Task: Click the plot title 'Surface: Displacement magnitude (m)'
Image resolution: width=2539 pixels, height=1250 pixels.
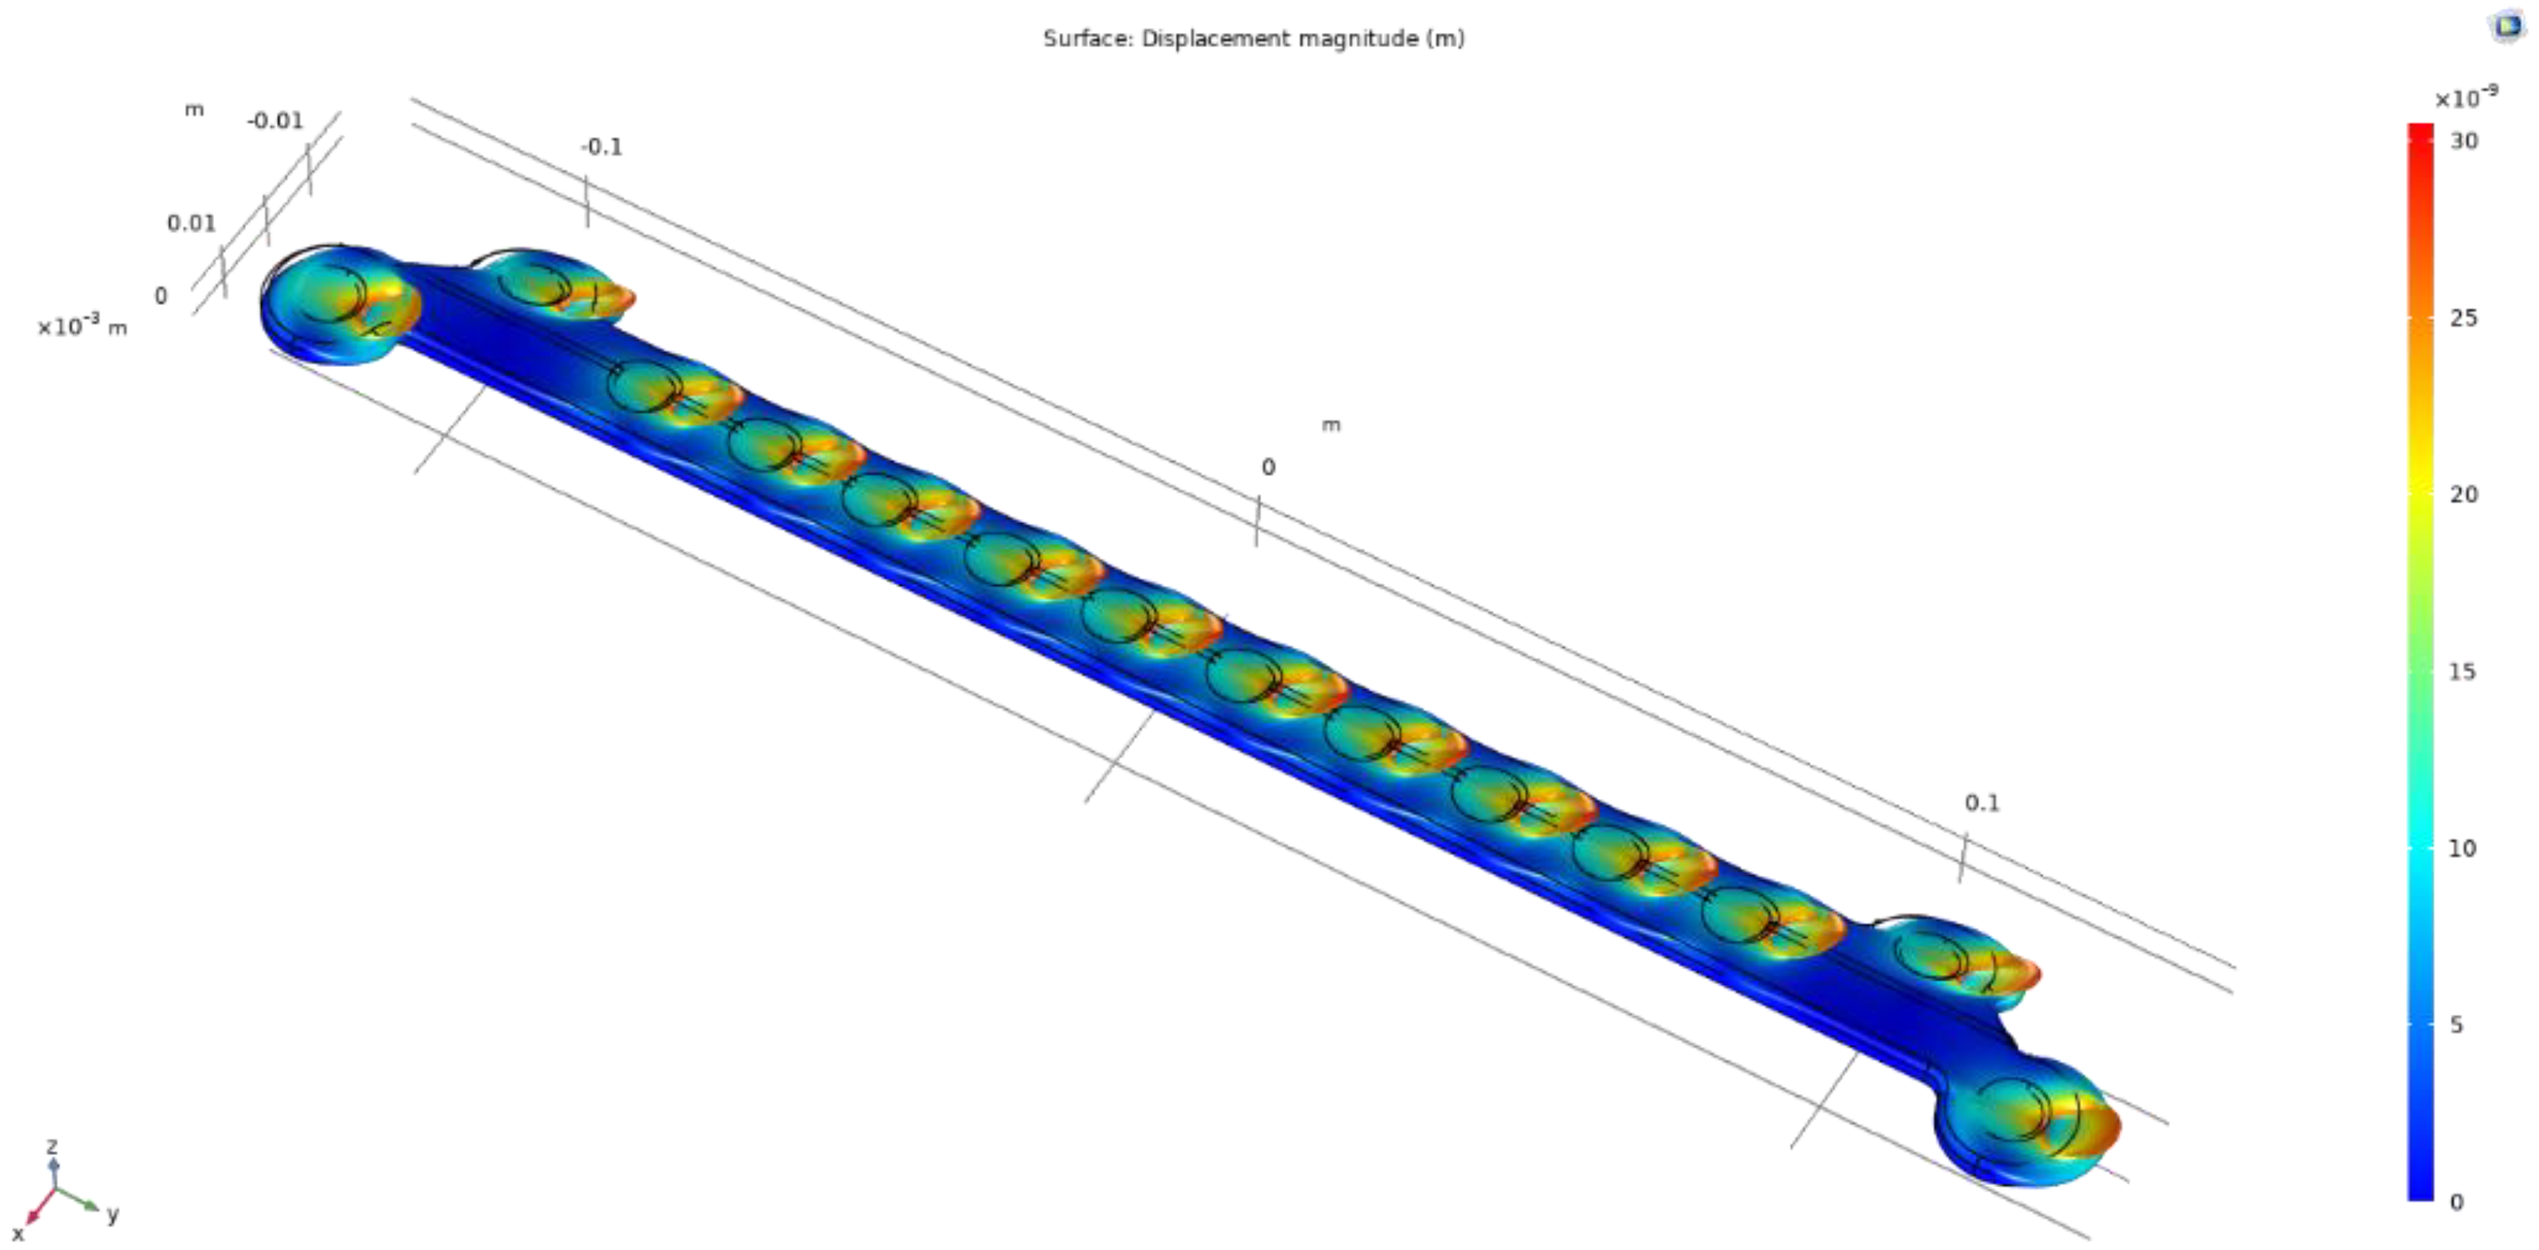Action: (1253, 38)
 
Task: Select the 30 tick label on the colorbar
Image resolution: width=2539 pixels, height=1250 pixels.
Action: (2463, 141)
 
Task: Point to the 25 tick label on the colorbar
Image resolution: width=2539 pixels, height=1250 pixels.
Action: (2463, 318)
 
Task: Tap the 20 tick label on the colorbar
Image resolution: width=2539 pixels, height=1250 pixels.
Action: (2463, 494)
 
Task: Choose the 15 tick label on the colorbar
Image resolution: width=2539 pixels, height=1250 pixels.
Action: (2462, 671)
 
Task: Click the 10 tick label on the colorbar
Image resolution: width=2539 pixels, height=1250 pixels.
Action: (2462, 848)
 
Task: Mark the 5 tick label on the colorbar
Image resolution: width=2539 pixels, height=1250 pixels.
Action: (2456, 1024)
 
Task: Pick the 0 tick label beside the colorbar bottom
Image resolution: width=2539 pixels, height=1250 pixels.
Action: (2456, 1201)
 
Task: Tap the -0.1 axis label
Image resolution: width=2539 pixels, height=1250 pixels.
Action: (601, 147)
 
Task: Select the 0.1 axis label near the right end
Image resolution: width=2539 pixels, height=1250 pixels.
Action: (1982, 802)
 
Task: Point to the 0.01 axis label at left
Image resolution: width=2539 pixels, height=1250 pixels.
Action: (191, 223)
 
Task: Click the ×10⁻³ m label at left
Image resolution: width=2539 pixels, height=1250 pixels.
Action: (83, 326)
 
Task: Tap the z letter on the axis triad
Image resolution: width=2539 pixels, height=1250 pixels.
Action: (53, 1146)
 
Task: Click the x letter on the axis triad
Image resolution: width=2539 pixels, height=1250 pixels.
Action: (18, 1234)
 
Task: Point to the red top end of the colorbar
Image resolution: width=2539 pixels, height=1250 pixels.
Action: (2420, 133)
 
